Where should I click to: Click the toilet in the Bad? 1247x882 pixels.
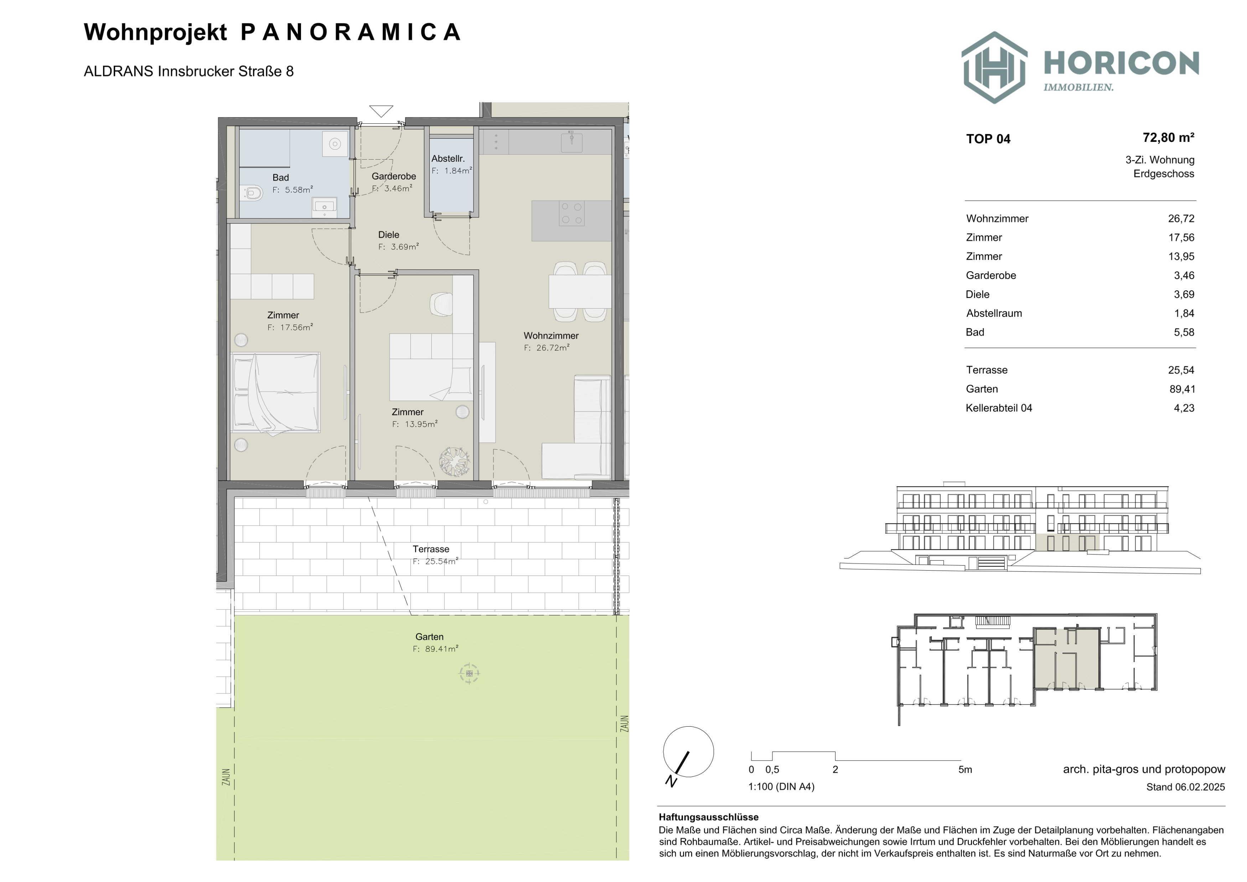(253, 192)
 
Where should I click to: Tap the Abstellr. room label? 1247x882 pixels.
(448, 159)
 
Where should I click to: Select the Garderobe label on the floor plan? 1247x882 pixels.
(394, 176)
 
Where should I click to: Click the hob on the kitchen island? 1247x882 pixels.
(571, 213)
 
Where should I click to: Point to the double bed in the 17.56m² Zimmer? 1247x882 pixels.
(275, 393)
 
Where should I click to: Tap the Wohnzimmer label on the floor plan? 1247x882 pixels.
(551, 336)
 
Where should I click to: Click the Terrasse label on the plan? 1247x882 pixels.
(431, 549)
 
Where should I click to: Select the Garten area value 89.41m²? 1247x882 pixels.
(441, 649)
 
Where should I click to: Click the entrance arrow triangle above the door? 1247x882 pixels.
(381, 111)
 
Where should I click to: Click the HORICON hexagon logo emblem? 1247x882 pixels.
(994, 67)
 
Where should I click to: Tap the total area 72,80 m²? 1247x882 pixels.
(1168, 138)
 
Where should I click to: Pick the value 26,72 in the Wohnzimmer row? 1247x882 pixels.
(1181, 218)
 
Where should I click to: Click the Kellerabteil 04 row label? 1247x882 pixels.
(999, 408)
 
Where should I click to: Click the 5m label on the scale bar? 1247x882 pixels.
(965, 770)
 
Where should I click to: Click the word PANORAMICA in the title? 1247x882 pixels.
(351, 32)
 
